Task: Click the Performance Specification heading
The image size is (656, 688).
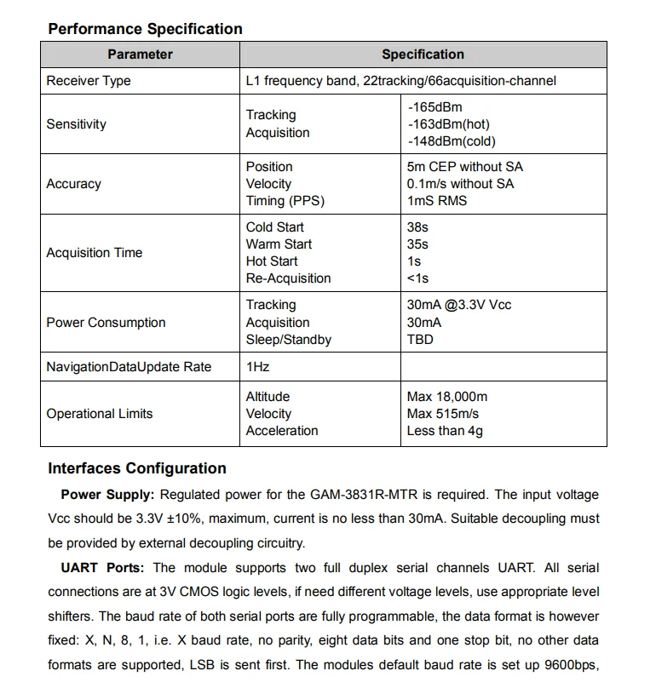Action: (145, 29)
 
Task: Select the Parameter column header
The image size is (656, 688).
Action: (140, 54)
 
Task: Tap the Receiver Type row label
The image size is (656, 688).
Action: (89, 81)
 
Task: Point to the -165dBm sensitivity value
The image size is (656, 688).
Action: (435, 107)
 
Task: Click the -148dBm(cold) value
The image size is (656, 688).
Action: (452, 141)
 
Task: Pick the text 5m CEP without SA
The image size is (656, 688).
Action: (465, 167)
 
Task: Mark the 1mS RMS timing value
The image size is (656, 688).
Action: (437, 201)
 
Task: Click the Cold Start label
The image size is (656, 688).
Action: (274, 227)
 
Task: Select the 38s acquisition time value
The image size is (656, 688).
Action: (417, 227)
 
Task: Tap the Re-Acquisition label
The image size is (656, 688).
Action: (288, 278)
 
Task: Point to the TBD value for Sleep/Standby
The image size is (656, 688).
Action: (420, 340)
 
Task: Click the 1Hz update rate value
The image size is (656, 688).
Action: (258, 367)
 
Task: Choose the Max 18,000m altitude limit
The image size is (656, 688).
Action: (447, 397)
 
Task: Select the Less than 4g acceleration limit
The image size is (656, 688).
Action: (445, 431)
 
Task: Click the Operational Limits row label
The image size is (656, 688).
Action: (100, 414)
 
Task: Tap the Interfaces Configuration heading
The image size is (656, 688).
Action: (137, 468)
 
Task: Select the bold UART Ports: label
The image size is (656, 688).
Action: (102, 568)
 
